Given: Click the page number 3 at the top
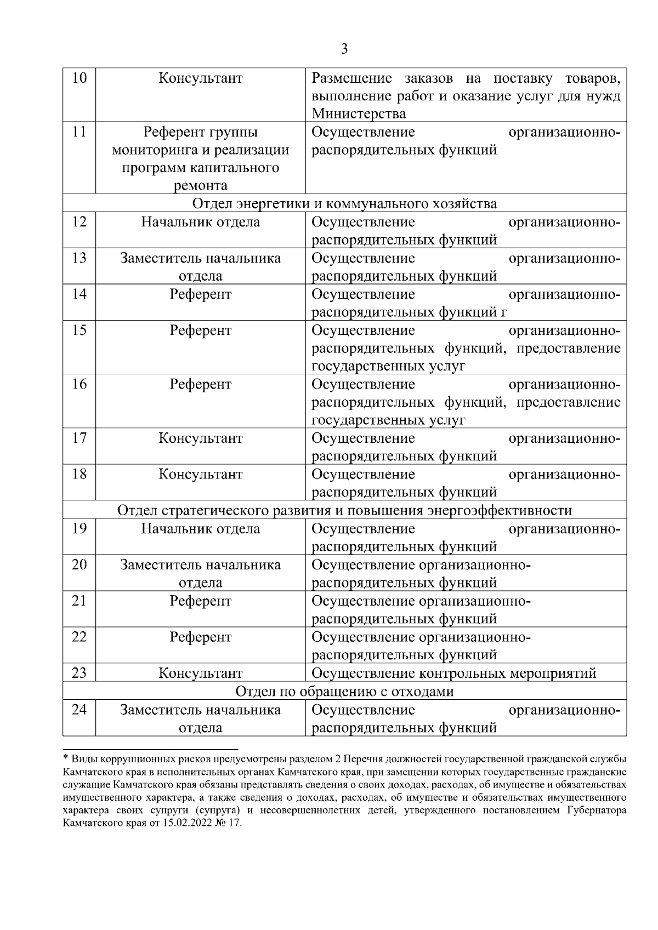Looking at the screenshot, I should click(x=344, y=49).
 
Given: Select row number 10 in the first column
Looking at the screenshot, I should click(x=79, y=78).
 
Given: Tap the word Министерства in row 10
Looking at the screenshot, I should click(x=359, y=114).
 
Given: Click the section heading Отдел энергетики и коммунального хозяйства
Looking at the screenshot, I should click(x=344, y=204).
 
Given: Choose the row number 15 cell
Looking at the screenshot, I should click(x=79, y=330).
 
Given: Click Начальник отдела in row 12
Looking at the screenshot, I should click(x=201, y=222).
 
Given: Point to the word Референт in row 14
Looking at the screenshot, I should click(x=201, y=294).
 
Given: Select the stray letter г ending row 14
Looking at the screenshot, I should click(x=504, y=313).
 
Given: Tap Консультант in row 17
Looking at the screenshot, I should click(x=201, y=438).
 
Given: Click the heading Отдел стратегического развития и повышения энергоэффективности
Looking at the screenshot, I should click(x=344, y=511).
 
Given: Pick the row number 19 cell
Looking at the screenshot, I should click(x=79, y=529).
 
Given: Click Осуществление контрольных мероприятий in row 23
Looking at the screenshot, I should click(x=453, y=673).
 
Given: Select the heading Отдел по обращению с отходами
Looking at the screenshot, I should click(x=344, y=692).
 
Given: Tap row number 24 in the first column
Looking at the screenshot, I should click(x=79, y=710).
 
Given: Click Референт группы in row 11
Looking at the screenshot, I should click(x=201, y=132).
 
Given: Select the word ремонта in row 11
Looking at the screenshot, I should click(x=201, y=186).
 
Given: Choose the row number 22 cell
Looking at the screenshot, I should click(x=79, y=637).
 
